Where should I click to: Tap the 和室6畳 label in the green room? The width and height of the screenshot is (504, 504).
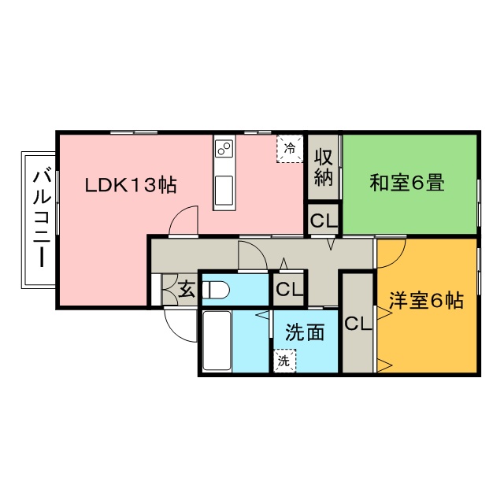407,183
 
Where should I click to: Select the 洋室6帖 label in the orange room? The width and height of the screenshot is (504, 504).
425,300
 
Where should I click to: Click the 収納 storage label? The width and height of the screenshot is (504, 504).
323,166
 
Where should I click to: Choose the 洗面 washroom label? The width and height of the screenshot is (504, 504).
305,332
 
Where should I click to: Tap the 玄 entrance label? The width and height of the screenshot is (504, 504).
187,289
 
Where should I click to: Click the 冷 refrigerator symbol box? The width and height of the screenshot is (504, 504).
289,148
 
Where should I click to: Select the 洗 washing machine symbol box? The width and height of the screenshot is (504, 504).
283,361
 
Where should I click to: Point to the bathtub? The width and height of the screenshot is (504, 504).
217,340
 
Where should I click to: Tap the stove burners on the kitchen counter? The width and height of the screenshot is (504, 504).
224,148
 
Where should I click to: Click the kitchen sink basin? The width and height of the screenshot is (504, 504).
224,190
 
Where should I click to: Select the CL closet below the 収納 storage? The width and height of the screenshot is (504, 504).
323,220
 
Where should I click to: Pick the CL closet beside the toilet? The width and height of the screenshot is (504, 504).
289,289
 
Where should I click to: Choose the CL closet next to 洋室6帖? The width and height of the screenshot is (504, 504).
357,323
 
